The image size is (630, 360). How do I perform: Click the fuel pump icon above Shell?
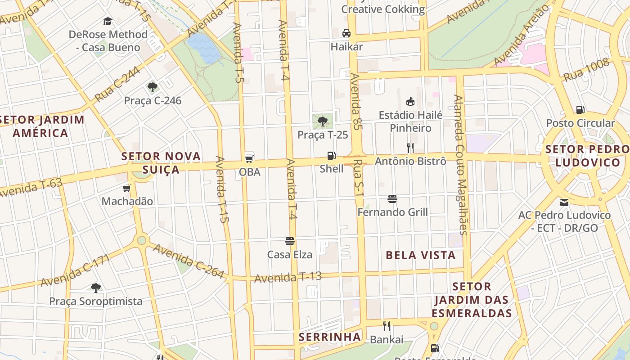[331, 156]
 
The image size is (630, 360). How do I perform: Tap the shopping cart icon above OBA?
[249, 158]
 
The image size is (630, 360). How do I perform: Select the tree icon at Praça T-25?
[322, 121]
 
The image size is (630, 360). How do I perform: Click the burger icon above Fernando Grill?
[392, 198]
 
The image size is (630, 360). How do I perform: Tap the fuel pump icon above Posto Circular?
[580, 109]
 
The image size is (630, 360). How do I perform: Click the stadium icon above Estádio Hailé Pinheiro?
[410, 101]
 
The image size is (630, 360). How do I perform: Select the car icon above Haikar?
[346, 33]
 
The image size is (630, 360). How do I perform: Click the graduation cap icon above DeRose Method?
[108, 21]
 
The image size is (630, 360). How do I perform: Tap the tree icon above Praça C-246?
[152, 87]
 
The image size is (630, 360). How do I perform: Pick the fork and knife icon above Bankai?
[386, 326]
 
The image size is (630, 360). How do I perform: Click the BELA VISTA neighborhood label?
[421, 255]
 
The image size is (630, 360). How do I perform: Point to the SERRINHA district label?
[330, 337]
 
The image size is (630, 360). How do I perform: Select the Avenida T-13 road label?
[288, 277]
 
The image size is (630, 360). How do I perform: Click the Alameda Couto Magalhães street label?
[461, 164]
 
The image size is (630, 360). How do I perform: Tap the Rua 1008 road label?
[586, 70]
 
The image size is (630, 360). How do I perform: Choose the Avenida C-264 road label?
[188, 261]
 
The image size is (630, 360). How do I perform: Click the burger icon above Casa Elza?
[290, 241]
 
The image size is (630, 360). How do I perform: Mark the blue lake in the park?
[203, 48]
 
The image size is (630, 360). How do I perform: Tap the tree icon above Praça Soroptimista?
[95, 288]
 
